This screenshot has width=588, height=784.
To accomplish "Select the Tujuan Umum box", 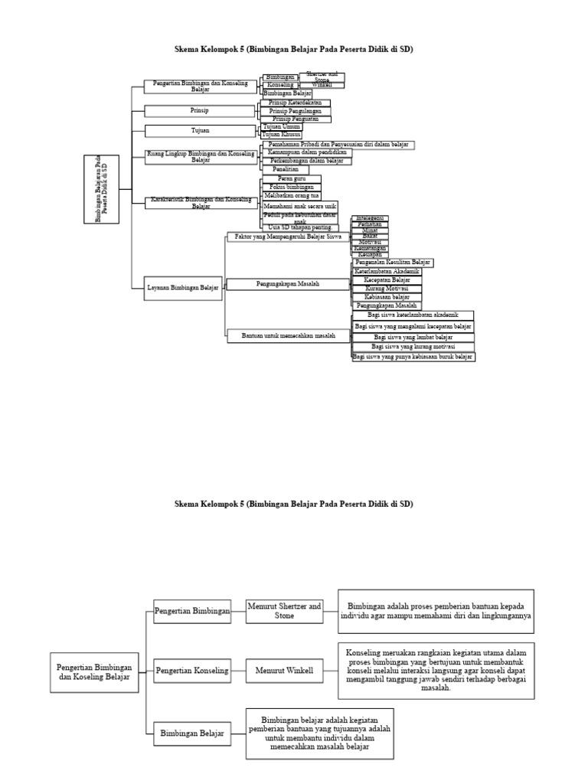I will [x=281, y=126].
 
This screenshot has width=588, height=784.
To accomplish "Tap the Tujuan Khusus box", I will [x=281, y=135].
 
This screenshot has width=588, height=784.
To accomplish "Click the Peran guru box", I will [x=291, y=178].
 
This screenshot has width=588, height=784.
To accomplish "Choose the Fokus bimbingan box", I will [x=292, y=188].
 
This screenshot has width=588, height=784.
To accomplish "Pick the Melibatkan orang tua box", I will [x=292, y=196].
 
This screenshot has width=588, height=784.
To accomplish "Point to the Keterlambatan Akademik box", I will [x=387, y=271].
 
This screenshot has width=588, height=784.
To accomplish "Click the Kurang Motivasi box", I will [x=387, y=288].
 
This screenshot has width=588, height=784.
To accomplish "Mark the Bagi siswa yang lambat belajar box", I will [x=413, y=337].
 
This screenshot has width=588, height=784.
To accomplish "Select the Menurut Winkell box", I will [x=284, y=671].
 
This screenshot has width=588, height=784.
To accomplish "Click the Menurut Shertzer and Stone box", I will [x=284, y=610].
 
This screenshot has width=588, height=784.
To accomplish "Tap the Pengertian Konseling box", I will [x=192, y=671].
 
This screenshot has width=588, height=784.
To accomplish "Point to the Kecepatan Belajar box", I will [x=387, y=279].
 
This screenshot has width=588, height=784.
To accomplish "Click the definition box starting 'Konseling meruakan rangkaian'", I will [x=436, y=670].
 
